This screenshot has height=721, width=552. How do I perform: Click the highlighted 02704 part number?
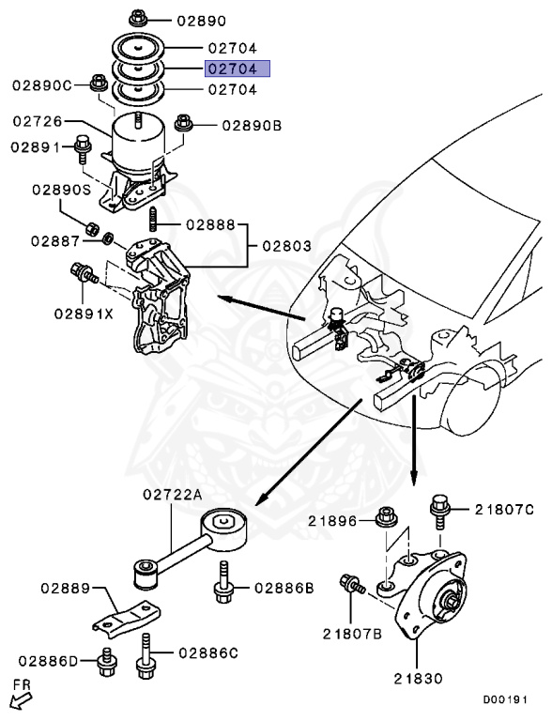(x=238, y=69)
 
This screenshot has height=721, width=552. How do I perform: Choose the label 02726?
(x=38, y=122)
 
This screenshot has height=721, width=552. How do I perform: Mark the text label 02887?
(x=54, y=240)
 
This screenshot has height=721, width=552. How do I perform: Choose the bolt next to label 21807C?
(x=437, y=508)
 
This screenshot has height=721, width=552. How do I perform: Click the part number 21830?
(x=418, y=677)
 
